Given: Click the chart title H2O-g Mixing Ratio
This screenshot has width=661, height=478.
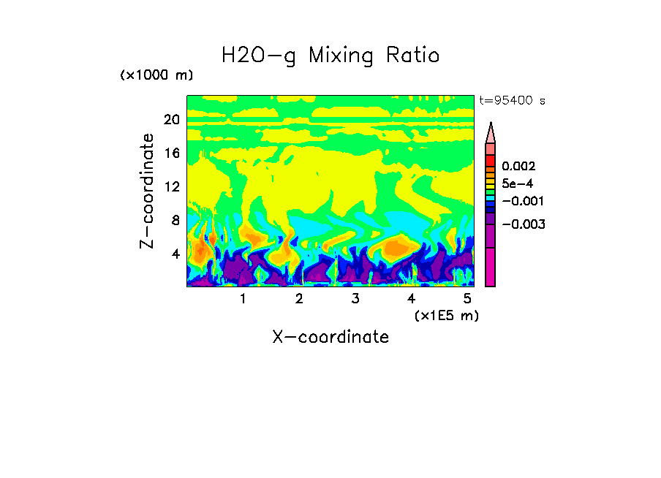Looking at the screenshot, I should (330, 55).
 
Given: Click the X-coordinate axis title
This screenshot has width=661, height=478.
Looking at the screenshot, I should (330, 337).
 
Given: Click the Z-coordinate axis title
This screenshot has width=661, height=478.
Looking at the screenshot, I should (148, 191).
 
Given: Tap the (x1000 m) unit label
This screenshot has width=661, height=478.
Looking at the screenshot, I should (156, 76).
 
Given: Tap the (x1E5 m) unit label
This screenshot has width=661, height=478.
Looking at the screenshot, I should (446, 315).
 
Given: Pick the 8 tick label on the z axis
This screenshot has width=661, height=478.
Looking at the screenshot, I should (175, 220).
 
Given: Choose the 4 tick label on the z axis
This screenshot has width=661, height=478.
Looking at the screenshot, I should (175, 254).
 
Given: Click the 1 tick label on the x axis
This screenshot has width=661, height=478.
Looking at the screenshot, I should (243, 299).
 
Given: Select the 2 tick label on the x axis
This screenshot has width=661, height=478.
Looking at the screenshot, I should (299, 299).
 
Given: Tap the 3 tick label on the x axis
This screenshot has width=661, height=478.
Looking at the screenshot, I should (355, 299).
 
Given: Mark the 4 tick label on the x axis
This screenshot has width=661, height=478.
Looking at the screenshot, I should (412, 299).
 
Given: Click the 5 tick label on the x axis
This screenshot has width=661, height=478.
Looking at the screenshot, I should (467, 299).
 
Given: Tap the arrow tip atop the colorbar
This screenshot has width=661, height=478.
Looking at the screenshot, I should (491, 125).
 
